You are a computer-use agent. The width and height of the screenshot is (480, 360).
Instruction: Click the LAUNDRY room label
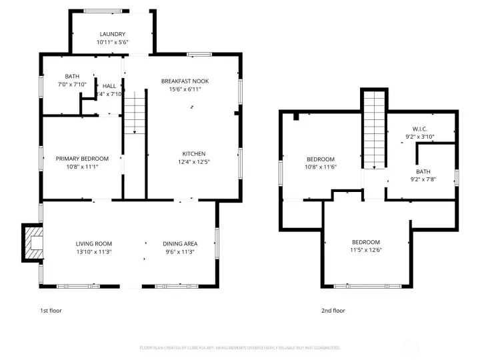(x=113, y=34)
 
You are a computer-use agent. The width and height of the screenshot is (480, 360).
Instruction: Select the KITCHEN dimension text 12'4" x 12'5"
(x=194, y=161)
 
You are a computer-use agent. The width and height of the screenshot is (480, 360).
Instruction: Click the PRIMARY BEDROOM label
(x=82, y=158)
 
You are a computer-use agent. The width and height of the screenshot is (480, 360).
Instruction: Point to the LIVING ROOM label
(x=93, y=243)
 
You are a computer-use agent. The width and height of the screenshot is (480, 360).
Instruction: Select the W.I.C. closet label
(x=419, y=129)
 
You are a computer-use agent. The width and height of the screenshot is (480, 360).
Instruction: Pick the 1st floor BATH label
(x=72, y=76)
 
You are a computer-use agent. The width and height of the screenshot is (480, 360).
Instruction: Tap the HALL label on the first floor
(x=109, y=86)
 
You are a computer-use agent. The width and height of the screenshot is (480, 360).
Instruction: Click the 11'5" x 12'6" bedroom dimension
(x=366, y=250)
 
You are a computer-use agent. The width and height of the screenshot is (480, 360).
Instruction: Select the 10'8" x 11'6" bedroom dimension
(x=321, y=167)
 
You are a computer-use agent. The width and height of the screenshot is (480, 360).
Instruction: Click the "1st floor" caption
(x=51, y=310)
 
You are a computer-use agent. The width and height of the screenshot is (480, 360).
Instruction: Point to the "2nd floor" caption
(x=333, y=310)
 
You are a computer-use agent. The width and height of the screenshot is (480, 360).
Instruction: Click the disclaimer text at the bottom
(x=239, y=348)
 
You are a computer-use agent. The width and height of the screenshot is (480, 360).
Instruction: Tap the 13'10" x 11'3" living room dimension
(x=93, y=252)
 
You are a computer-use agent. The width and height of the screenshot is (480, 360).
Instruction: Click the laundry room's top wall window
(x=103, y=11)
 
